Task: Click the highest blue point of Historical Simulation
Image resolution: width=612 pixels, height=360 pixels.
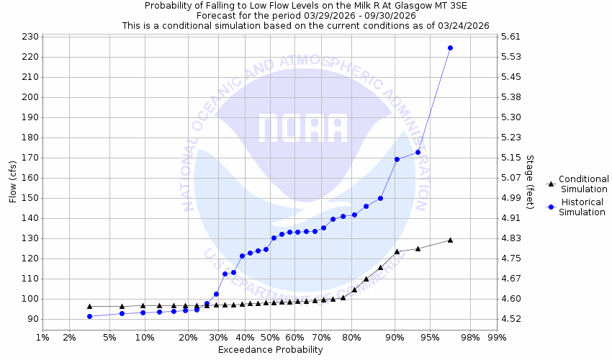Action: tap(450, 48)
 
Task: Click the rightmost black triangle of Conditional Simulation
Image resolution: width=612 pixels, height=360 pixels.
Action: tap(450, 240)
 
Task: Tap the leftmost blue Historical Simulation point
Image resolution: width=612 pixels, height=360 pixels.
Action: tap(89, 316)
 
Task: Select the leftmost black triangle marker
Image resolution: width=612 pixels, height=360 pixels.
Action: tap(89, 306)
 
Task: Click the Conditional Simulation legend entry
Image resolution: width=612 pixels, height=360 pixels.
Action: tap(583, 184)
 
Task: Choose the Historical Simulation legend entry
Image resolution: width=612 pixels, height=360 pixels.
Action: tap(583, 207)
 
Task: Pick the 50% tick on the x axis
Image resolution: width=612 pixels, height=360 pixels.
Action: tap(270, 337)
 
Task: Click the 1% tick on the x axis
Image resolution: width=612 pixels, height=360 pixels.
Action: tap(42, 337)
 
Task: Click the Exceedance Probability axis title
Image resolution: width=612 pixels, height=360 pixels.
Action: tap(270, 350)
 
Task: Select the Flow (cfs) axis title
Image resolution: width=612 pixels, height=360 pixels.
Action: tap(12, 181)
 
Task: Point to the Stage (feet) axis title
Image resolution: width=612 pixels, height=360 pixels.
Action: tap(530, 181)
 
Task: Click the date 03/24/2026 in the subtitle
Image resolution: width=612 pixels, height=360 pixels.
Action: tap(464, 25)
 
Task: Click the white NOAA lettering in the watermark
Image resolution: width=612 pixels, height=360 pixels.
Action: tap(302, 127)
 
